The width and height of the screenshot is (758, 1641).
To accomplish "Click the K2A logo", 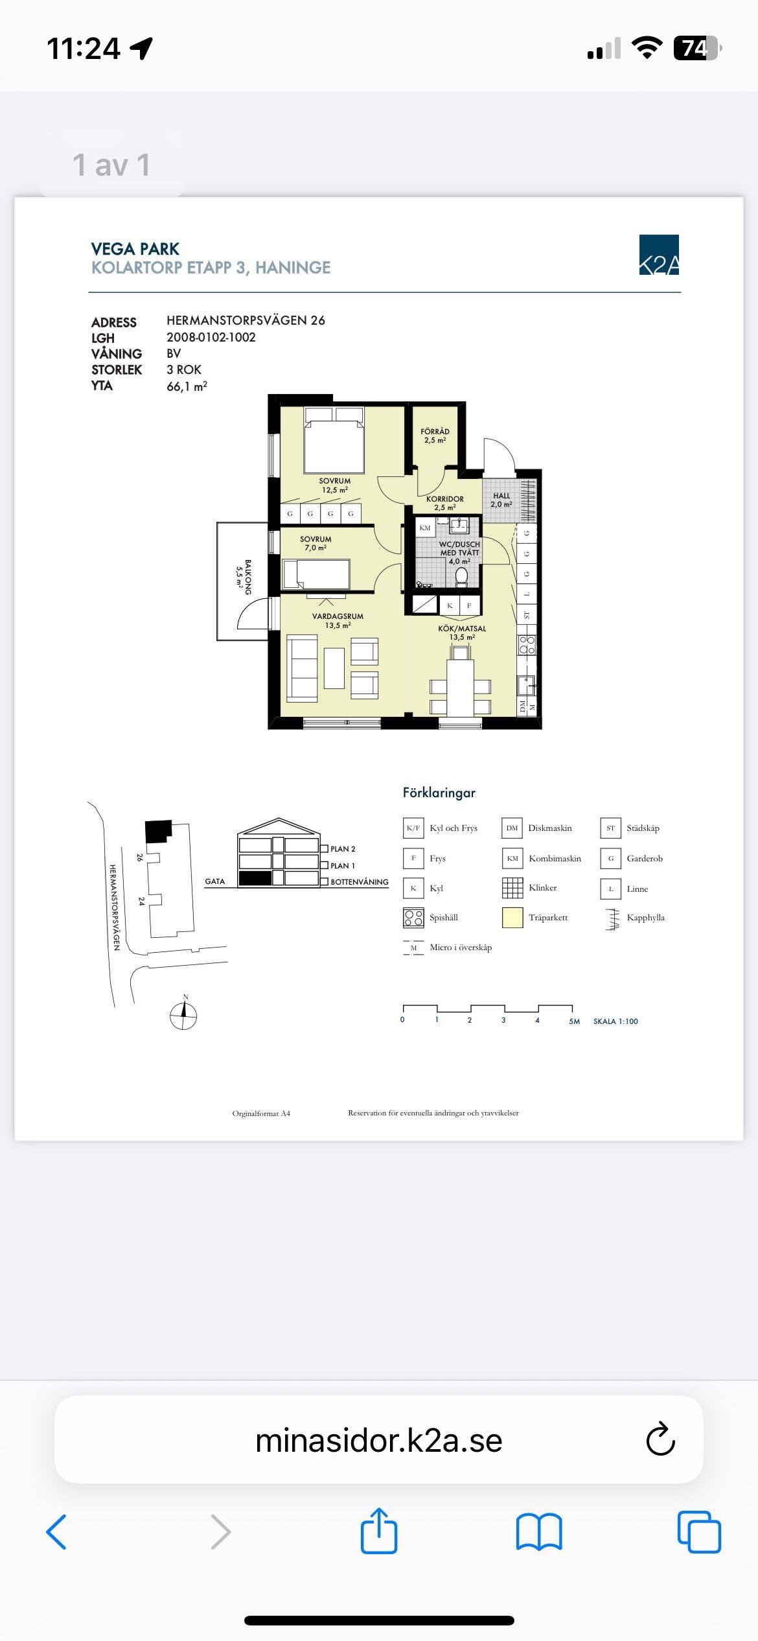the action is click(x=659, y=255).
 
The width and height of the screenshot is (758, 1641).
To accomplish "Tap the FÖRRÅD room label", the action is click(x=435, y=431).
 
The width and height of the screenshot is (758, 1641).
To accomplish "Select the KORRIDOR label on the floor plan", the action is click(x=445, y=499).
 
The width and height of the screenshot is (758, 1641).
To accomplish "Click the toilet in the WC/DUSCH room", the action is click(x=462, y=577).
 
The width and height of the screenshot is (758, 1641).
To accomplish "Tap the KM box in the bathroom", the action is click(x=425, y=528).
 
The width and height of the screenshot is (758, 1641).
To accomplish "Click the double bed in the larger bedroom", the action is click(x=333, y=440).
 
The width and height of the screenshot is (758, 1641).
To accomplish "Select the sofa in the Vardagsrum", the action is click(x=302, y=669).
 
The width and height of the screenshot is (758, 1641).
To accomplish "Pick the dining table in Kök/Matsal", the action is click(x=461, y=688).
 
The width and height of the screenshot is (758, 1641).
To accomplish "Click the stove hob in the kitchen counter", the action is click(x=527, y=645).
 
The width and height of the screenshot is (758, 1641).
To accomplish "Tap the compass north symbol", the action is click(x=183, y=1013).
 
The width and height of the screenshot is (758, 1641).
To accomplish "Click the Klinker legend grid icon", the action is click(x=512, y=888).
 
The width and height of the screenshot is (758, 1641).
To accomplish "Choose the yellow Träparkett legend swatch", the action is click(x=512, y=918).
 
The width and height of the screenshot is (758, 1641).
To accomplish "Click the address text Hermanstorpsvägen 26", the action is click(x=246, y=320).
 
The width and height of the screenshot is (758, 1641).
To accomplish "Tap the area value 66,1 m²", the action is click(x=187, y=386).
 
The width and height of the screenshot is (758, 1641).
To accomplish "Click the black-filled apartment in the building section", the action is click(x=255, y=878).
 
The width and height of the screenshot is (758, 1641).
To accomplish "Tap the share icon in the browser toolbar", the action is click(x=379, y=1531).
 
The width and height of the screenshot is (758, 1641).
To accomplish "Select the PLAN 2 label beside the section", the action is click(x=343, y=849).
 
